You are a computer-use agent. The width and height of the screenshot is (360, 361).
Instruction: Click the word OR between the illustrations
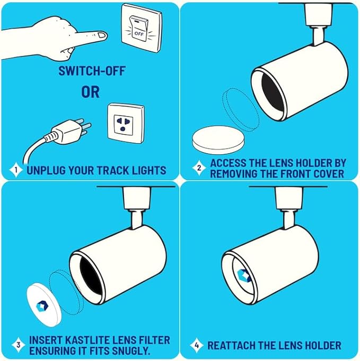[90, 92]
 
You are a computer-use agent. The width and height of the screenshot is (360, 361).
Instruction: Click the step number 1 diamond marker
[16, 170]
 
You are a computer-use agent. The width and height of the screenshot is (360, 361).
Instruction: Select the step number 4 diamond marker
[196, 346]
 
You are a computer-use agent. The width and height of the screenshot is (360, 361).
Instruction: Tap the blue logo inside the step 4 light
[243, 275]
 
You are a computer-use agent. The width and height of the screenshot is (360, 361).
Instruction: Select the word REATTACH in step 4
[231, 346]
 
